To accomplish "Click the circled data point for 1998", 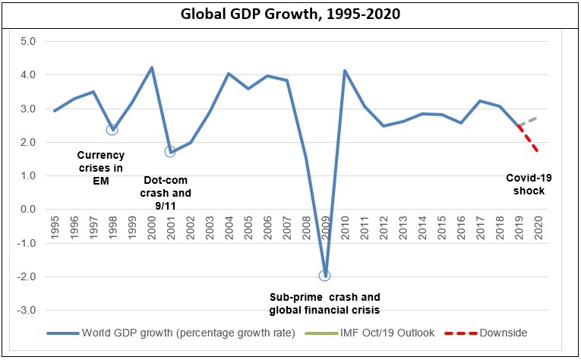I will pos(112,129).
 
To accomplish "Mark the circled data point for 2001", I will pos(170,151).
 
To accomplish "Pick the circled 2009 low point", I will pos(325,276).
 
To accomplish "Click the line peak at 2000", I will pos(151,68).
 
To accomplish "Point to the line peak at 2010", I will pos(345,71).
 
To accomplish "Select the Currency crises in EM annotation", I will pos(105,168).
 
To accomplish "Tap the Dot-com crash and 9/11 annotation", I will pos(168,193).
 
